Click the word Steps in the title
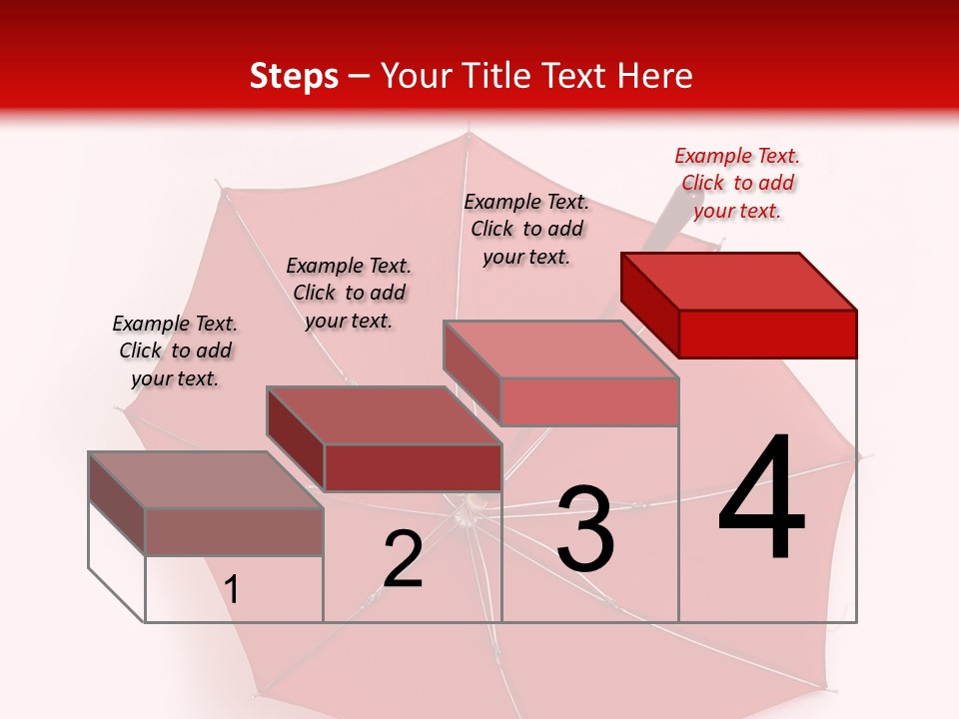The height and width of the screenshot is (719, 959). (294, 76)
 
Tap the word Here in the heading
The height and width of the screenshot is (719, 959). (654, 76)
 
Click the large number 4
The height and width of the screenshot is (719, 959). (761, 499)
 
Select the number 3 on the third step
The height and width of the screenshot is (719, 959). (585, 529)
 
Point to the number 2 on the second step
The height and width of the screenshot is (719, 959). (403, 559)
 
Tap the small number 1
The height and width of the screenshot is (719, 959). (232, 590)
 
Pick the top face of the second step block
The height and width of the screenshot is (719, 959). (384, 415)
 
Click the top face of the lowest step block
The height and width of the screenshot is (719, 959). (206, 480)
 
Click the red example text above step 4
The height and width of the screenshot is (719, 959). (737, 183)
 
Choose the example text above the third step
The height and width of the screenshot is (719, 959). (526, 229)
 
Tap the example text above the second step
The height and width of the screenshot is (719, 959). (349, 293)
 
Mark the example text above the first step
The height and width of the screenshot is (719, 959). (175, 351)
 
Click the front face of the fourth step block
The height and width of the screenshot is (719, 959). (767, 334)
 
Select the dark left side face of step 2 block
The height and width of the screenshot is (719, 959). (296, 438)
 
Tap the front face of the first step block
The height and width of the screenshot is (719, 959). (234, 531)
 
